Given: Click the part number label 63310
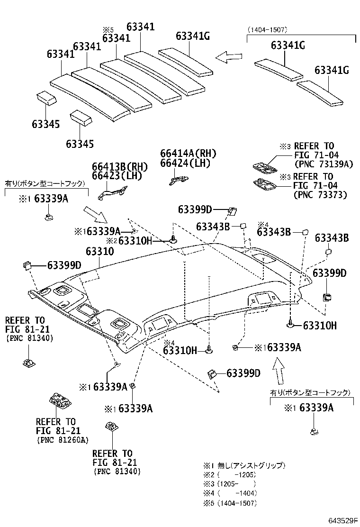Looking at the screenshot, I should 99,252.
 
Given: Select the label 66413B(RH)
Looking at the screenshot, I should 120,166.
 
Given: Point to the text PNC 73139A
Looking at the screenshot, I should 320,164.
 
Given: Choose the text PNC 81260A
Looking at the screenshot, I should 63,440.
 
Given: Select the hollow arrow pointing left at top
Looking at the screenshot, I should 228,57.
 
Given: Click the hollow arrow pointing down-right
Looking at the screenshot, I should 98,214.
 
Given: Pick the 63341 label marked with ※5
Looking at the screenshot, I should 116,38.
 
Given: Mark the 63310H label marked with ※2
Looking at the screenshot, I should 135,241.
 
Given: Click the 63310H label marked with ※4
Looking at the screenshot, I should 180,350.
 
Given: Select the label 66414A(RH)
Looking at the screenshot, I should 188,153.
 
